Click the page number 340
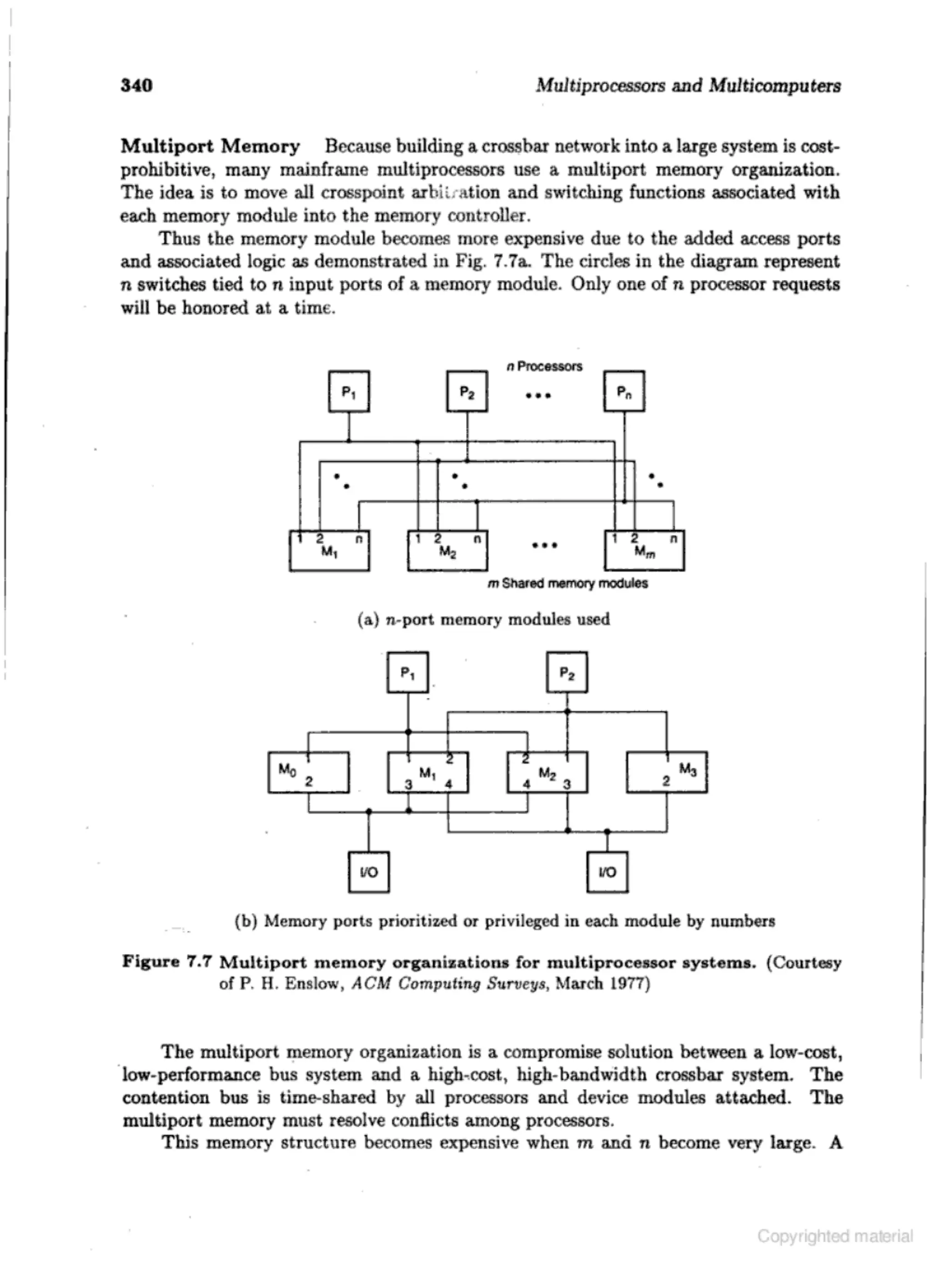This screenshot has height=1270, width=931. click(136, 85)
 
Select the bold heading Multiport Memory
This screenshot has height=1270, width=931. click(210, 146)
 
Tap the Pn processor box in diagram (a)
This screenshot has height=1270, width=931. click(624, 391)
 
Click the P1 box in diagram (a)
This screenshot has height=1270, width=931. click(349, 391)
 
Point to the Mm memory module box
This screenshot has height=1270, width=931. click(644, 550)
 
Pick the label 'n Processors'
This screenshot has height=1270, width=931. click(545, 366)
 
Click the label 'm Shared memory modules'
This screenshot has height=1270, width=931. click(567, 583)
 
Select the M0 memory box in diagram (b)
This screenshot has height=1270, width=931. click(308, 772)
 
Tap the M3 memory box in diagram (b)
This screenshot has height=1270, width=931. click(667, 772)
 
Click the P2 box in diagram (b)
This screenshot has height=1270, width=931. click(567, 672)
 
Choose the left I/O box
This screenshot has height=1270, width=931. click(369, 872)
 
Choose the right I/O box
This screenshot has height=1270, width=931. click(607, 872)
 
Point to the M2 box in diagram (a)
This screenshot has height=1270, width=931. click(447, 550)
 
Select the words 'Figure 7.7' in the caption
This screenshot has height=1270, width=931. click(167, 961)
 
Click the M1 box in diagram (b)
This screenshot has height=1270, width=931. click(428, 772)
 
